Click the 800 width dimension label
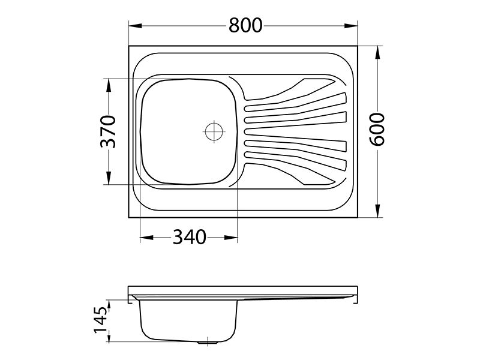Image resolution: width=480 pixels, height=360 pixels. tap(245, 25)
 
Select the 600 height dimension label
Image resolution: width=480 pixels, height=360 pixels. tap(376, 129)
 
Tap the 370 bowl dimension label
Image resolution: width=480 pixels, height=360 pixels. tap(108, 131)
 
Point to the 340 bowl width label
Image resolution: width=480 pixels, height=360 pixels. tap(189, 237)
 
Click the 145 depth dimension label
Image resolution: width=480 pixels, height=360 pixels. tap(100, 320)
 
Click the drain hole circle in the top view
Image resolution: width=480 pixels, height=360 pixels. tap(214, 131)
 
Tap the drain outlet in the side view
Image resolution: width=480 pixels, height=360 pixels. tap(208, 342)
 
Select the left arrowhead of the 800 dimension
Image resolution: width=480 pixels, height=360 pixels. tap(135, 26)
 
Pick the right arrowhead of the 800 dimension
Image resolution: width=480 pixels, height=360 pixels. tap(351, 26)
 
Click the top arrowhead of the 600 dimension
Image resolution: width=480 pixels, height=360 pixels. tap(379, 53)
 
